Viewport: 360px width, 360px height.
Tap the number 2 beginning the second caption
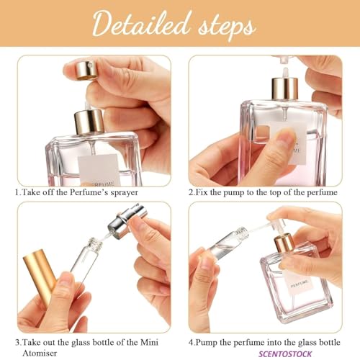pos(191,194)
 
